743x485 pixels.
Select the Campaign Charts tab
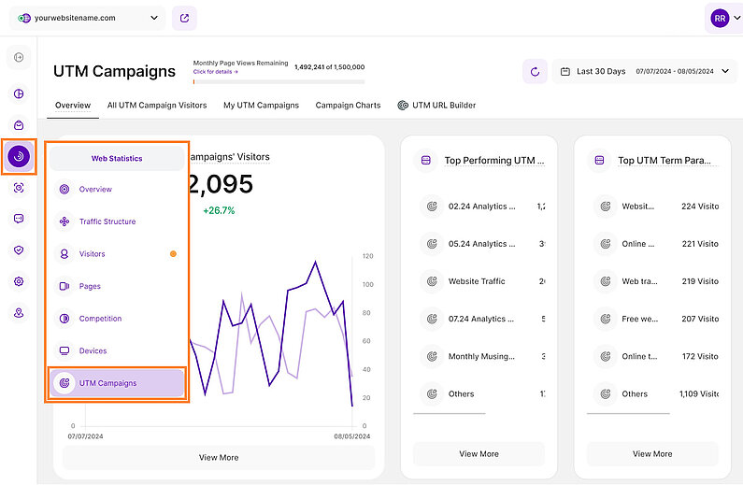coord(348,106)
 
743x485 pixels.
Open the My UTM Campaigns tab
coord(261,106)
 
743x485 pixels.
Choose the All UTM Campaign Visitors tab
coord(157,106)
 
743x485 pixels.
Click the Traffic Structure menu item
coord(107,221)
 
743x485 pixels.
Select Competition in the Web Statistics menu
coord(100,319)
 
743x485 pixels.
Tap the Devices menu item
coord(93,351)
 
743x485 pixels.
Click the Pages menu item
coord(90,286)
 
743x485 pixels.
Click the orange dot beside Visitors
coord(173,254)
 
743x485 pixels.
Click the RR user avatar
coord(720,18)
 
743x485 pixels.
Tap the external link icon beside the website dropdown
coord(184,18)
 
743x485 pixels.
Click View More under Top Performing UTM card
coord(479,454)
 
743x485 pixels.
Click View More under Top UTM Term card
coord(651,454)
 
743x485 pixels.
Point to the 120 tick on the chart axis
coord(367,256)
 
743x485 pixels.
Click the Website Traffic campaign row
coord(477,281)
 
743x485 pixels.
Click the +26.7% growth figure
coord(219,210)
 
